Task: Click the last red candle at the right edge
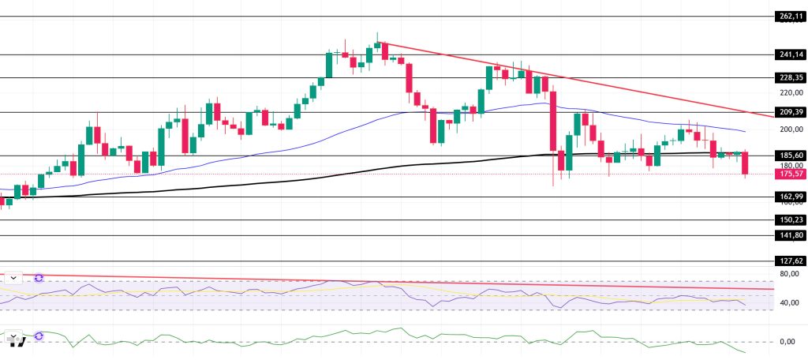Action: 745,163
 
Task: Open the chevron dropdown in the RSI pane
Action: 13,278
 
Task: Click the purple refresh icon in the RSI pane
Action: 37,278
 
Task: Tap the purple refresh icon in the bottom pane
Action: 37,336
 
